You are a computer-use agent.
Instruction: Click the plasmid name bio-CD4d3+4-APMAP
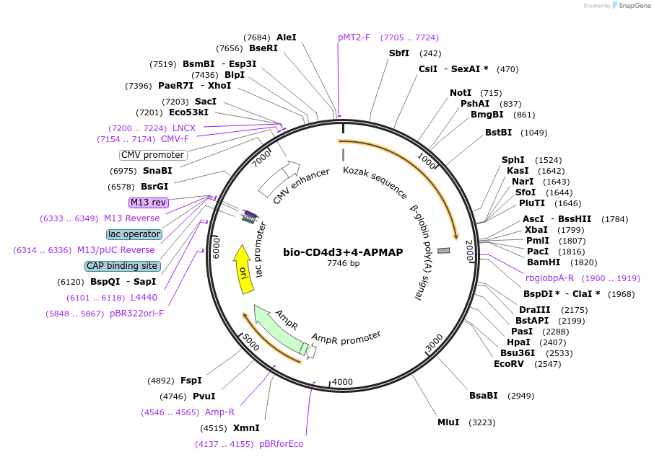click(343, 252)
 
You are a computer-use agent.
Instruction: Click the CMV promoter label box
click(153, 155)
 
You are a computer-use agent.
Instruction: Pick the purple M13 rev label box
click(148, 203)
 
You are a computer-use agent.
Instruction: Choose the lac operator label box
click(134, 234)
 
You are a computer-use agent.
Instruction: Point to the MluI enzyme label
click(448, 422)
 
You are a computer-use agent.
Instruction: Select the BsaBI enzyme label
click(484, 396)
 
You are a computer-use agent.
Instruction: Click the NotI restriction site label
click(461, 93)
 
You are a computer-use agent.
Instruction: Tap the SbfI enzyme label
click(399, 53)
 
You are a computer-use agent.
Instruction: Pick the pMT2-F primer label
click(354, 37)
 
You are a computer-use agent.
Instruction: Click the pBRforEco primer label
click(282, 444)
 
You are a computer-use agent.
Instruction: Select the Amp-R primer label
click(219, 412)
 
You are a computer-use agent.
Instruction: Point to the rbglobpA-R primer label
click(550, 278)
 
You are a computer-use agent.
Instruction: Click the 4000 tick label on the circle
click(342, 382)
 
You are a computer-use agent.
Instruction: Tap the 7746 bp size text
click(343, 264)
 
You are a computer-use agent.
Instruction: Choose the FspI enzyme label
click(191, 381)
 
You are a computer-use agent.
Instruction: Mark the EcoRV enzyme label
click(509, 364)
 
